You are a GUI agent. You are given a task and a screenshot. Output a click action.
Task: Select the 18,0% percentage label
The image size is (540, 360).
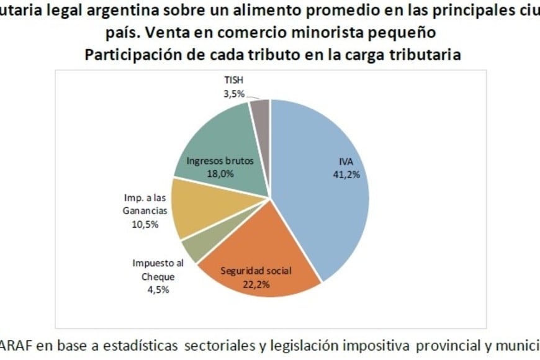coord(220,174)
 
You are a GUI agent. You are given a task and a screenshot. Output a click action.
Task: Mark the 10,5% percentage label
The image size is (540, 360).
coord(145,224)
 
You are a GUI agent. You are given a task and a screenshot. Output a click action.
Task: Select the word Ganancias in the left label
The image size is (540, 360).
coord(145,212)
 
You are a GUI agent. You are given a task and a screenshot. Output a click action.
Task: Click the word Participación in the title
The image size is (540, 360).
coord(127,54)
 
